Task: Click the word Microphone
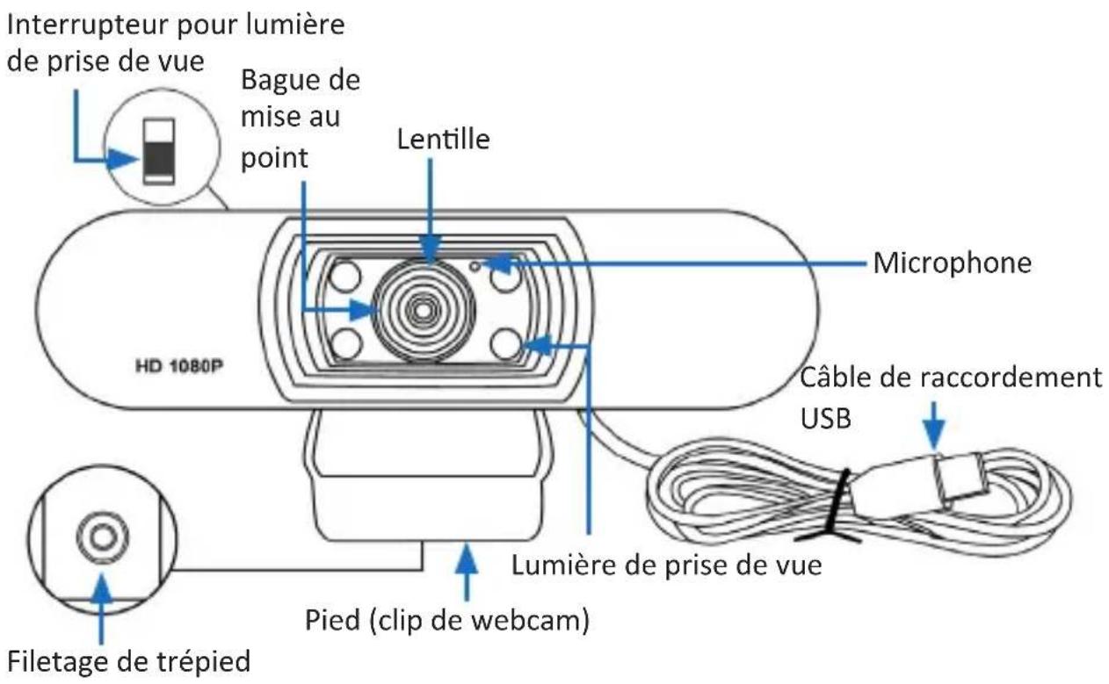coord(951,263)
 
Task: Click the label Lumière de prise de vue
coord(667,565)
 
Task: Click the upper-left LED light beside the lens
coord(345,277)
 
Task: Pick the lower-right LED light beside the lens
coord(506,342)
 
